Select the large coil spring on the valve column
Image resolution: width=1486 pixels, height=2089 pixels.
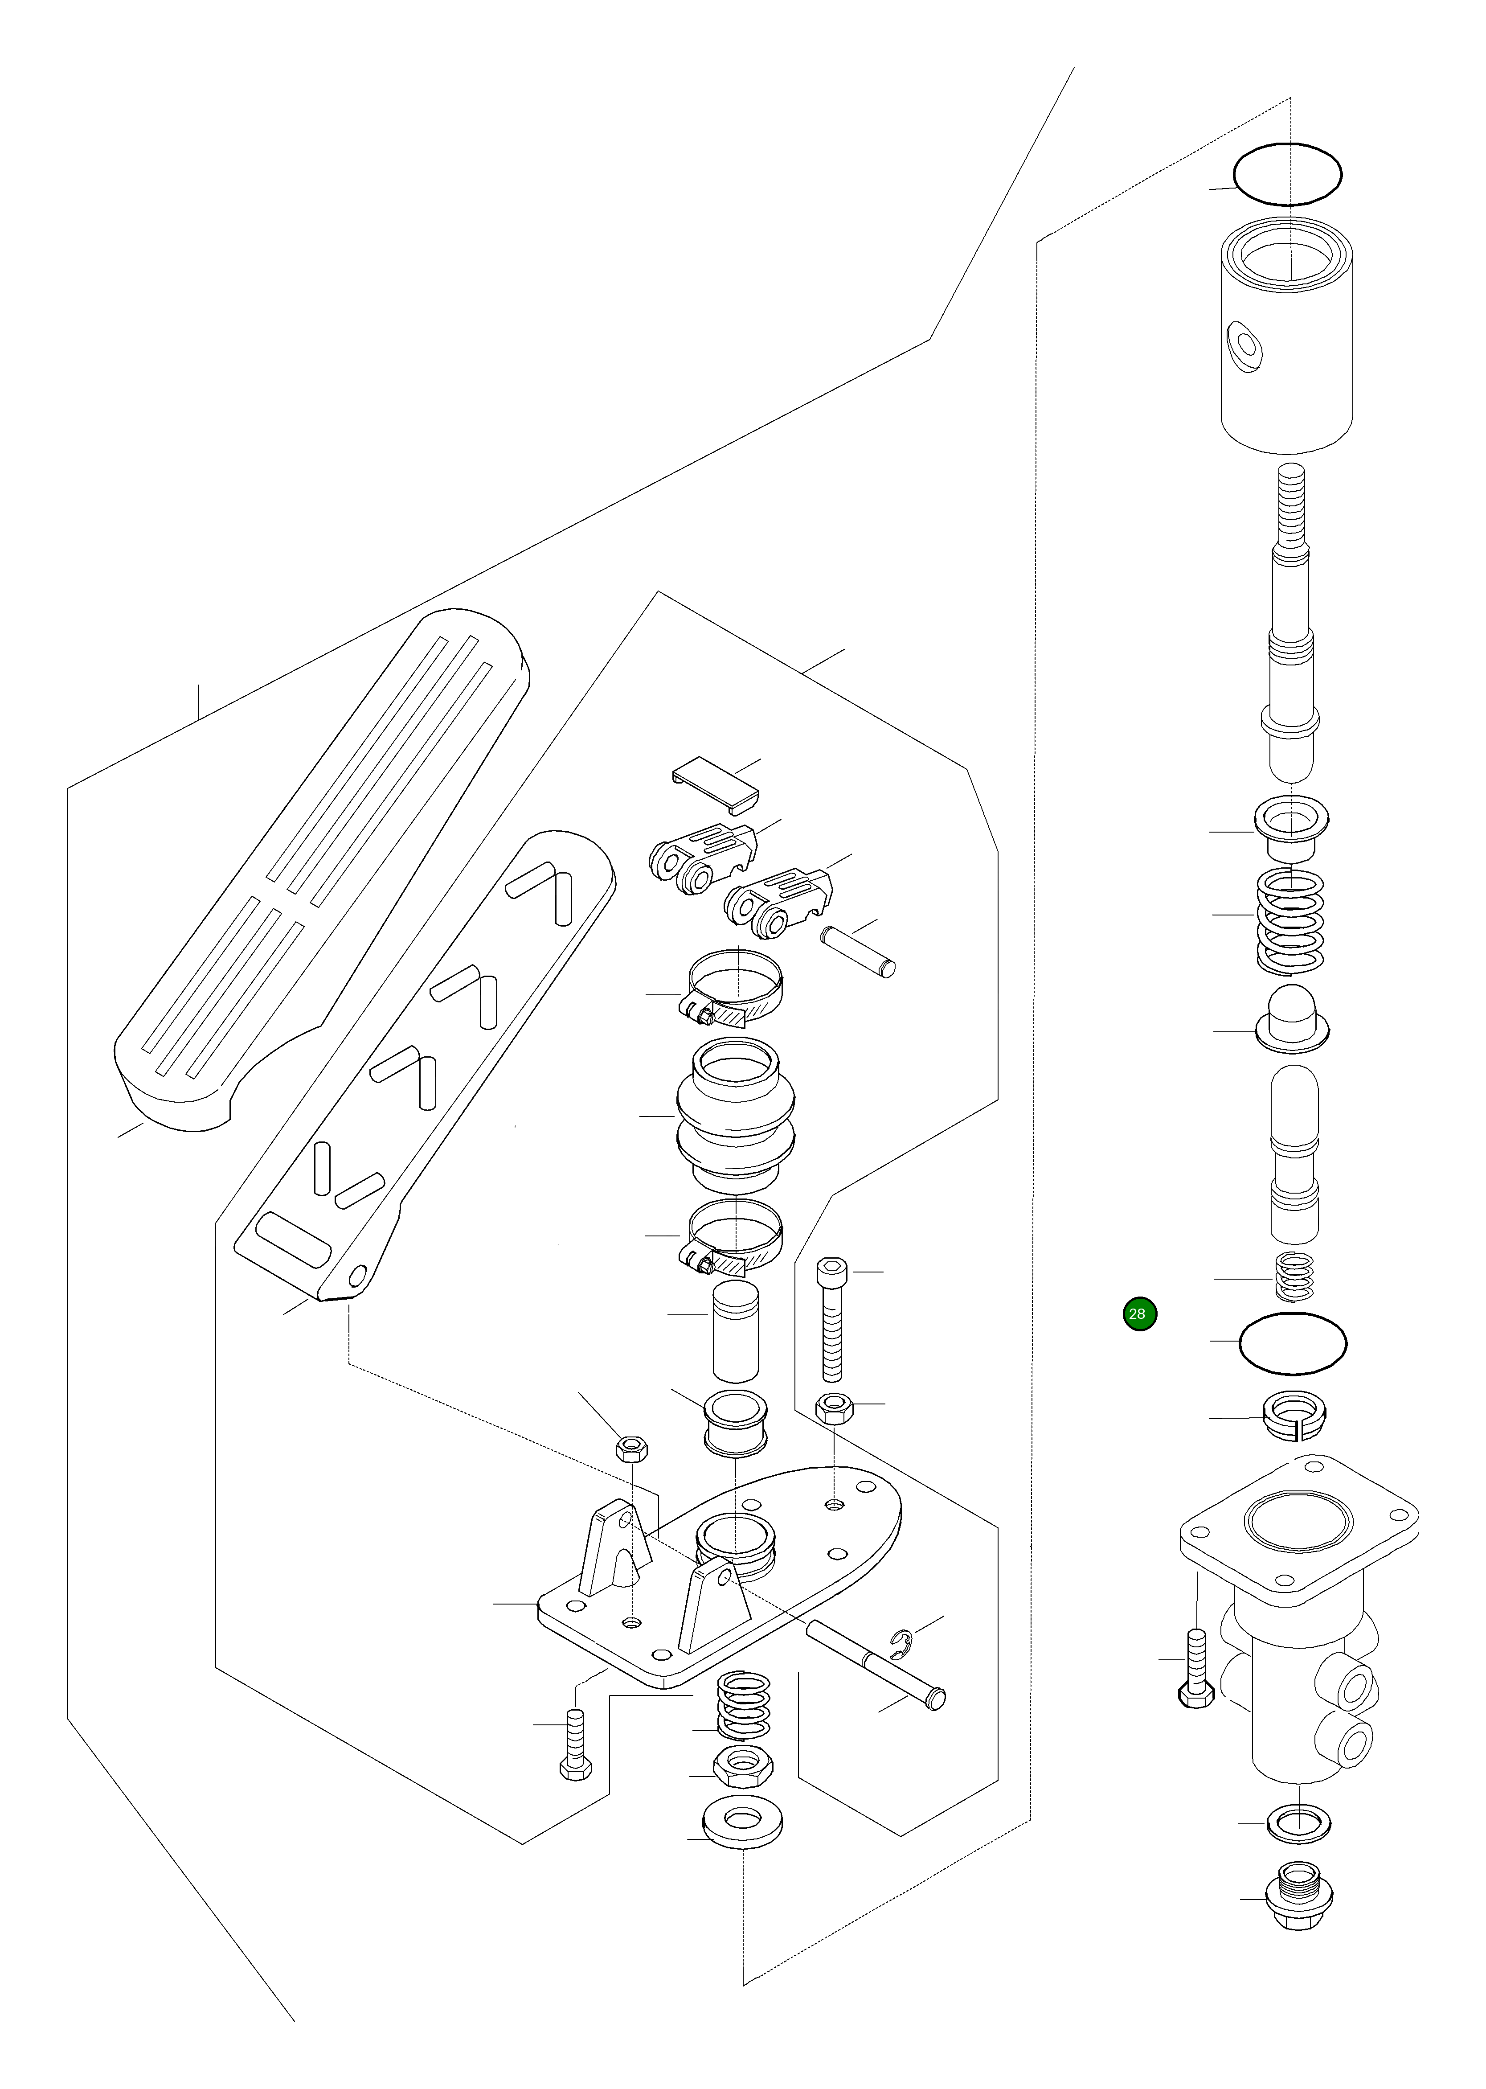click(1290, 919)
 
